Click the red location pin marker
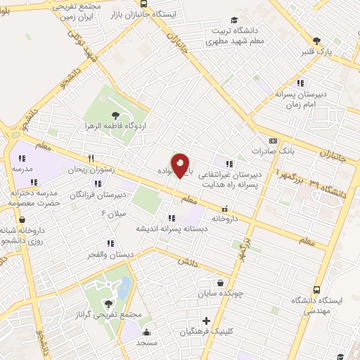tap(181, 165)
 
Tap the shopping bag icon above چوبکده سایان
tap(221, 283)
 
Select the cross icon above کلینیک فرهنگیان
tap(206, 321)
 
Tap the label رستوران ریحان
tap(90, 169)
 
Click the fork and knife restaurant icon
tap(91, 159)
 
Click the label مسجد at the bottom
tap(147, 342)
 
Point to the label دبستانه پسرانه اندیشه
tap(168, 229)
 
